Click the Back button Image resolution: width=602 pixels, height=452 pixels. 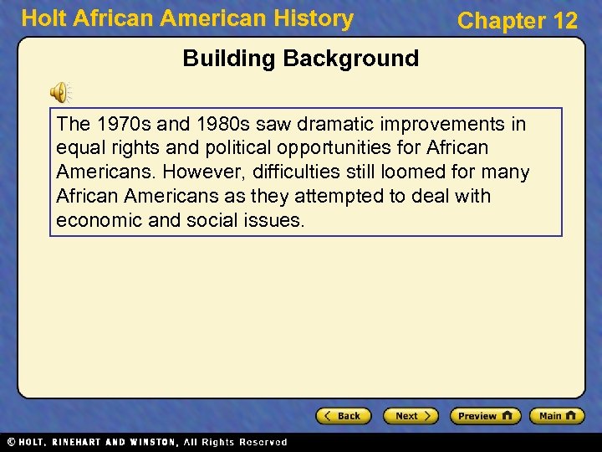343,416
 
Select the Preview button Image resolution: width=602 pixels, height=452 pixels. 485,416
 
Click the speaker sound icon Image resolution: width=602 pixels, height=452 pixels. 61,92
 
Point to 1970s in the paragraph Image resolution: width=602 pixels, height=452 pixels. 122,125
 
